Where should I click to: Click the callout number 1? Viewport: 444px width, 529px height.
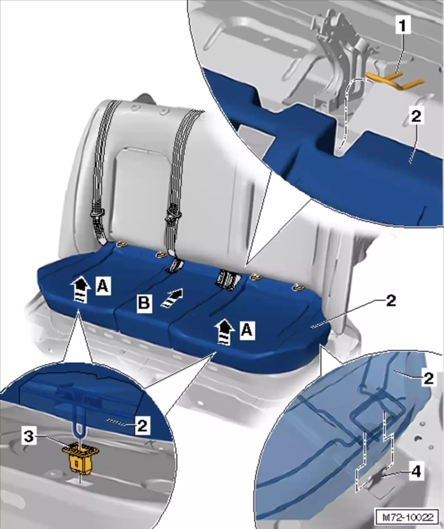[x=403, y=26]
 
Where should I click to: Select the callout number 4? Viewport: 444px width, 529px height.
[x=416, y=472]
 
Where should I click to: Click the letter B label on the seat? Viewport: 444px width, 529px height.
[x=144, y=303]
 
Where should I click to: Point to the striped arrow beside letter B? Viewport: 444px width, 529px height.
[x=172, y=298]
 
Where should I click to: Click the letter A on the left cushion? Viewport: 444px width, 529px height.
[x=103, y=286]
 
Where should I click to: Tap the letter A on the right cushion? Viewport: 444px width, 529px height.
[x=247, y=330]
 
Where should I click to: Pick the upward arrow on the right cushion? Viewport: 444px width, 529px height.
[x=224, y=331]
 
